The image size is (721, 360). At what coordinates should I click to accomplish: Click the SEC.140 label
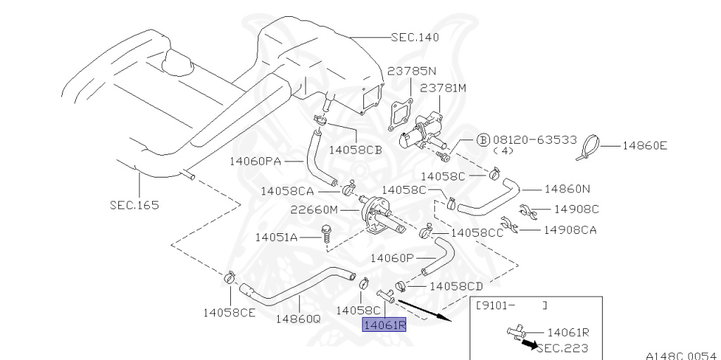tap(420, 37)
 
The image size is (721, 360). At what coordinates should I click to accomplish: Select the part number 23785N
tap(412, 71)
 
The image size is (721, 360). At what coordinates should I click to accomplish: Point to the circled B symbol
tap(483, 139)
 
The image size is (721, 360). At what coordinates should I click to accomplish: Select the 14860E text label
tap(644, 146)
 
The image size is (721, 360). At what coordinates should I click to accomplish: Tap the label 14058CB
tap(356, 149)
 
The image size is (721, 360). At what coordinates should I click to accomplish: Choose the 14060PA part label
tap(255, 161)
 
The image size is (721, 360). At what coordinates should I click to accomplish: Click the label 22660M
tap(314, 210)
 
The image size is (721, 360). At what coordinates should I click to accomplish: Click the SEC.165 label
tap(134, 205)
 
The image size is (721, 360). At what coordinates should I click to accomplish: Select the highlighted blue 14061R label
tap(384, 324)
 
